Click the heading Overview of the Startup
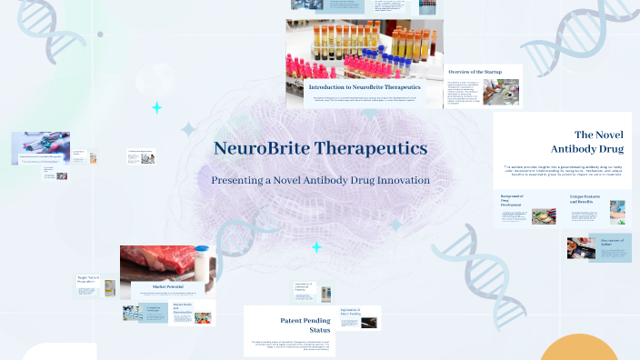[474, 71]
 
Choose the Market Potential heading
[157, 287]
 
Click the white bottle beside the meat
[201, 263]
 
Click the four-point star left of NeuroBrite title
[156, 108]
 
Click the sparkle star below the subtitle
[316, 247]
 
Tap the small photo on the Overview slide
[500, 91]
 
